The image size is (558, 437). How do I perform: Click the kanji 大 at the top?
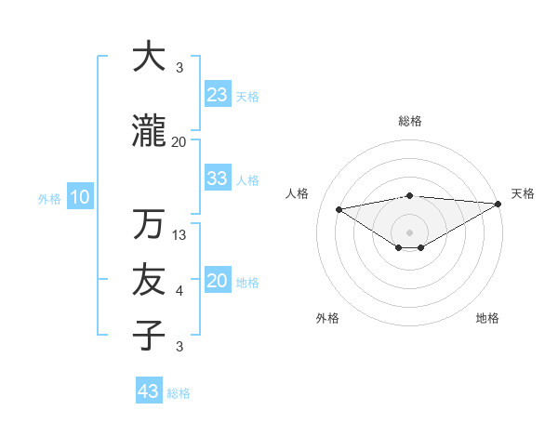(149, 57)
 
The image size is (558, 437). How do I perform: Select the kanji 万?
(149, 224)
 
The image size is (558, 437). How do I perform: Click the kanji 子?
(149, 335)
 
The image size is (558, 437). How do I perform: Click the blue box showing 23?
(218, 95)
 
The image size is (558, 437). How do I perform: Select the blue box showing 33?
(218, 179)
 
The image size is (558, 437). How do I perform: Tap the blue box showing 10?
(80, 197)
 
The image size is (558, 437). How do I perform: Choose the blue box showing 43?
(149, 391)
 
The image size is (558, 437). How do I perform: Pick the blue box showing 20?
(218, 282)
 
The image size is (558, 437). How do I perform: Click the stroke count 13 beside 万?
(179, 235)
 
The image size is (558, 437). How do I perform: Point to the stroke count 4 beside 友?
(179, 291)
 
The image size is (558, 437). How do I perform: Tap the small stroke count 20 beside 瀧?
(179, 141)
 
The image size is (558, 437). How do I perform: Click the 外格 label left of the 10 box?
(49, 198)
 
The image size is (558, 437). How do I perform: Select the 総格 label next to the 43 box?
(179, 393)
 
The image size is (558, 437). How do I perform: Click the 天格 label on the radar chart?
(523, 193)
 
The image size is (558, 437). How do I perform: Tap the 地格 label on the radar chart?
(487, 318)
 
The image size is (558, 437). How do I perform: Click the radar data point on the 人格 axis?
(339, 208)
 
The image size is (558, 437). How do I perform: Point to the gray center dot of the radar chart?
(409, 231)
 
